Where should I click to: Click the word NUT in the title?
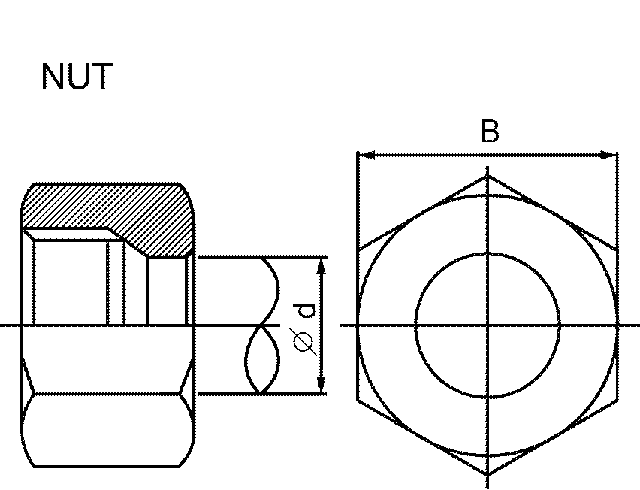pyautogui.click(x=77, y=77)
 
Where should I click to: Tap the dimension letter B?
pyautogui.click(x=489, y=132)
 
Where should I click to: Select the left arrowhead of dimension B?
pyautogui.click(x=364, y=156)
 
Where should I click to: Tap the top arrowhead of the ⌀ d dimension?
pyautogui.click(x=322, y=264)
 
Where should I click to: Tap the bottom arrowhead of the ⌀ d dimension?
pyautogui.click(x=322, y=386)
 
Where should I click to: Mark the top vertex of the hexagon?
pyautogui.click(x=488, y=177)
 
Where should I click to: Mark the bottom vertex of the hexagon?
pyautogui.click(x=488, y=473)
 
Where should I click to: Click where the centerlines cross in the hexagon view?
pyautogui.click(x=488, y=325)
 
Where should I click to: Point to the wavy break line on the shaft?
pyautogui.click(x=263, y=325)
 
